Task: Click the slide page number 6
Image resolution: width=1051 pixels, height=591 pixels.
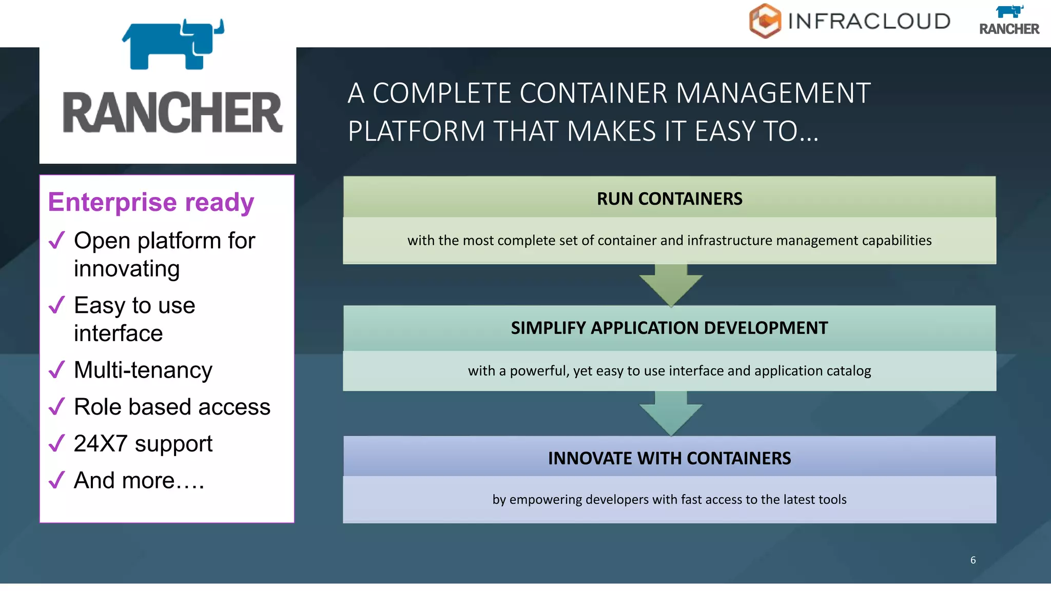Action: coord(972,560)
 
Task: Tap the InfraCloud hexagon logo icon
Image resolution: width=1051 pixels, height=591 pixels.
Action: coord(765,21)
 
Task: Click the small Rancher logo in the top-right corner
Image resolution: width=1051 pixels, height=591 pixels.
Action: coord(1009,21)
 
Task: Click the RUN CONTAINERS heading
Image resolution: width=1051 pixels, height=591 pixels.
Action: coord(669,199)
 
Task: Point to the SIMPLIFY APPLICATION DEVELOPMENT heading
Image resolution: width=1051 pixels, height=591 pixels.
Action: coord(669,328)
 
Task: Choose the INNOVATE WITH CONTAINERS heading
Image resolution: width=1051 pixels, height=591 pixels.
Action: coord(669,458)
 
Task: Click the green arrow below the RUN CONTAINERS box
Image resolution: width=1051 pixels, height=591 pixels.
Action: coord(671,285)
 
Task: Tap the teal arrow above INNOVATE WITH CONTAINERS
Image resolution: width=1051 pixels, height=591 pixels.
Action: coord(671,413)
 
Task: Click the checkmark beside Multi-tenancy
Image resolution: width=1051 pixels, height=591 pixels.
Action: coord(56,369)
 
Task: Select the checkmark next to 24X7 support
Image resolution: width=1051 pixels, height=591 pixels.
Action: coord(56,443)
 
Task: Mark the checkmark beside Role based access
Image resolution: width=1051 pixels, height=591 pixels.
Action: coord(56,406)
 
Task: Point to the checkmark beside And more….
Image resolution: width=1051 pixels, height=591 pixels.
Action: coord(56,480)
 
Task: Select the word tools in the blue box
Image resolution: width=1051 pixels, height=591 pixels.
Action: coord(831,500)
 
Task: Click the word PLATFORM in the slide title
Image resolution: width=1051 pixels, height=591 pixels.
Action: coord(416,131)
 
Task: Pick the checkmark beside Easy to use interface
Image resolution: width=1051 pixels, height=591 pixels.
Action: coord(56,305)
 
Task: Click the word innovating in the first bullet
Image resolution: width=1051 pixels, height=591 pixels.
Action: coord(127,269)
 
